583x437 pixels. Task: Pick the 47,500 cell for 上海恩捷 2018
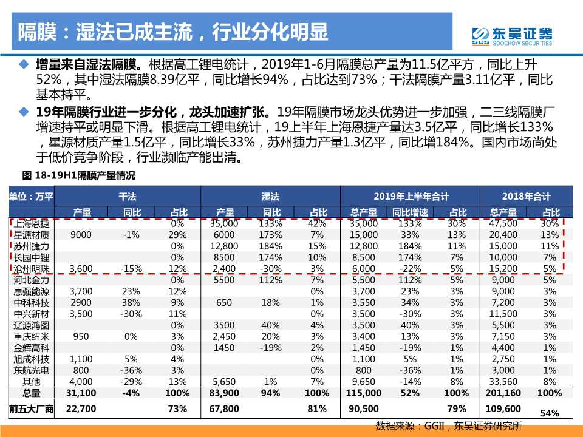pyautogui.click(x=503, y=224)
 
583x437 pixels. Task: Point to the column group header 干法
pyautogui.click(x=128, y=197)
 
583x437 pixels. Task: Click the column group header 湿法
pyautogui.click(x=270, y=197)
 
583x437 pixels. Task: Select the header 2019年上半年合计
pyautogui.click(x=411, y=197)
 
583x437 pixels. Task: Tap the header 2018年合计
pyautogui.click(x=526, y=197)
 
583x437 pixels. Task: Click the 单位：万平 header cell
pyautogui.click(x=31, y=197)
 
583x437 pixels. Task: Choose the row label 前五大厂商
pyautogui.click(x=31, y=409)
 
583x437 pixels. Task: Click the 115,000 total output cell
pyautogui.click(x=363, y=393)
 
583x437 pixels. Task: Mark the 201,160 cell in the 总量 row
pyautogui.click(x=503, y=393)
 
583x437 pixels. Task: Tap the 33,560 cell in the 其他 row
pyautogui.click(x=503, y=381)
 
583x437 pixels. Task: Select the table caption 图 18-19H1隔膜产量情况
pyautogui.click(x=78, y=177)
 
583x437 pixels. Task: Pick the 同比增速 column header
pyautogui.click(x=410, y=212)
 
